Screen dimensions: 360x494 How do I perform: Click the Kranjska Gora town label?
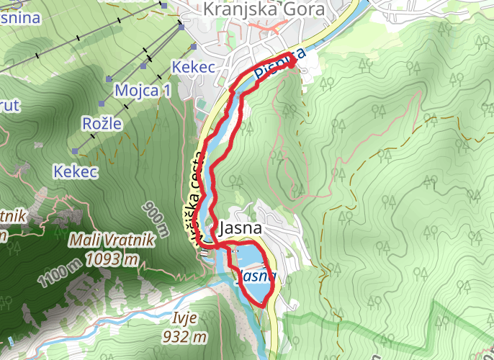264,9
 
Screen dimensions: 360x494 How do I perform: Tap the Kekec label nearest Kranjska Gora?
194,67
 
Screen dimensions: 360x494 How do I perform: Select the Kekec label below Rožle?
74,171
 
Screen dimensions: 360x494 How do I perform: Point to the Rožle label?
102,124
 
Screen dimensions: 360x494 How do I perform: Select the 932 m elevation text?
185,336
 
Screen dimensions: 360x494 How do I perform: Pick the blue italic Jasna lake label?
257,276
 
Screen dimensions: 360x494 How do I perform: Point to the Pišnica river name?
281,66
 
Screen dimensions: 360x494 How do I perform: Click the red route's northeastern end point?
293,63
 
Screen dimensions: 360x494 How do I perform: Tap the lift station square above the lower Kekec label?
75,151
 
